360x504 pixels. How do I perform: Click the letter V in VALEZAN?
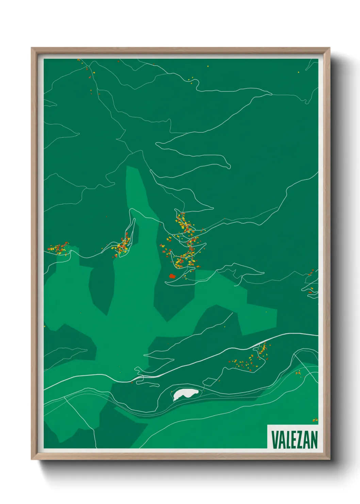click(x=274, y=440)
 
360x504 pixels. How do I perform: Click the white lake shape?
click(x=185, y=395)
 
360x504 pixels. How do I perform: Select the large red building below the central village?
click(x=172, y=276)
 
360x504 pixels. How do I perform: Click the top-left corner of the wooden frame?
click(x=32, y=48)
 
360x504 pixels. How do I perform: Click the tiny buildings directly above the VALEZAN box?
click(x=315, y=420)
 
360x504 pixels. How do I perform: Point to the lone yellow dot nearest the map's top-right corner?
click(x=298, y=72)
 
